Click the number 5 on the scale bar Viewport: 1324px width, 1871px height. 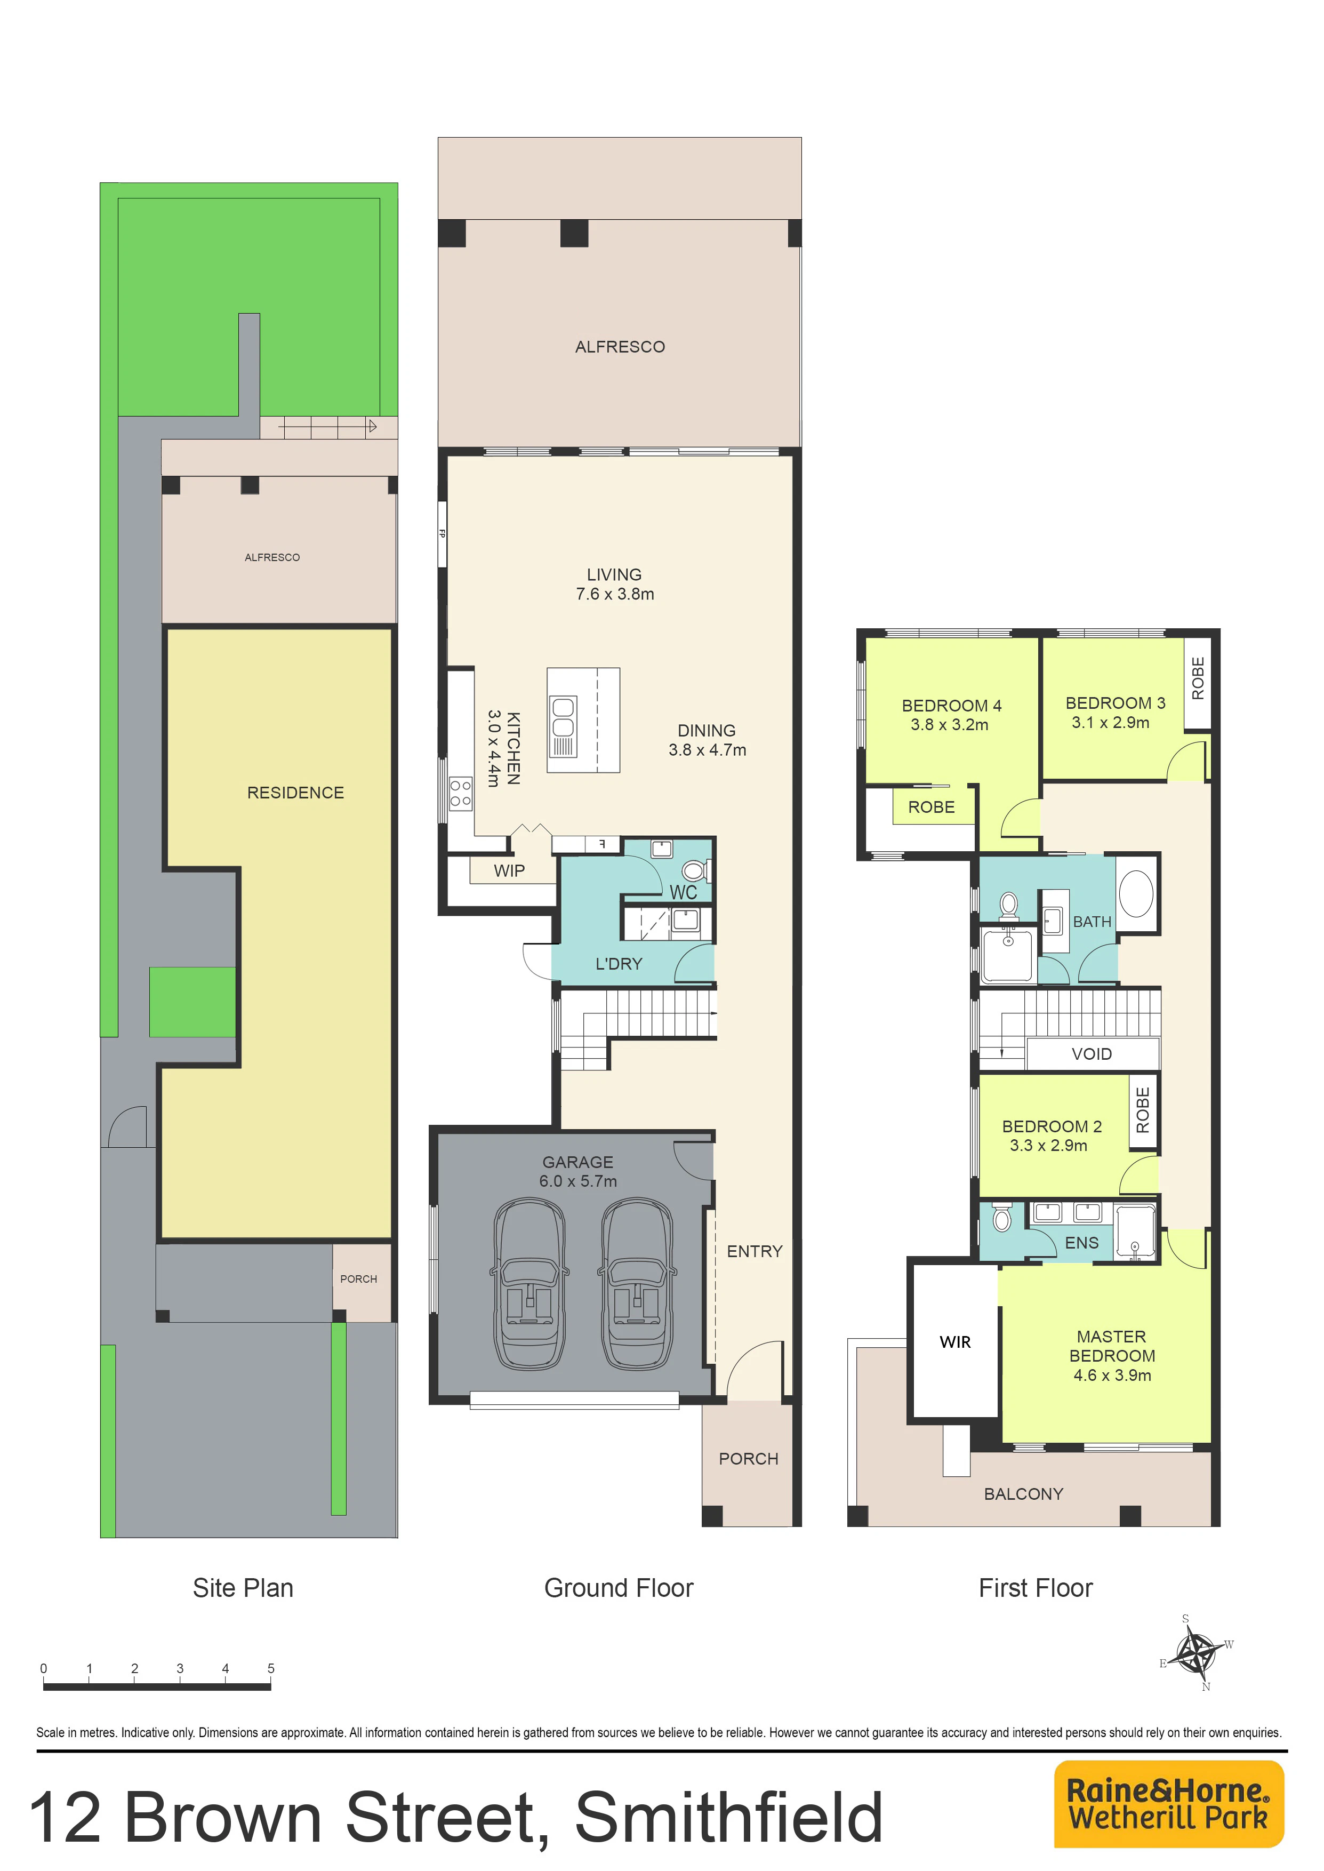pyautogui.click(x=271, y=1668)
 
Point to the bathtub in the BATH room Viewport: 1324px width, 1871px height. pyautogui.click(x=1136, y=893)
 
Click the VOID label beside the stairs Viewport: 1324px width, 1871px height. pyautogui.click(x=1092, y=1054)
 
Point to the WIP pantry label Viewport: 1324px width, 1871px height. pyautogui.click(x=509, y=870)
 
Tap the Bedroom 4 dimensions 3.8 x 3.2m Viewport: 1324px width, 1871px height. pyautogui.click(x=949, y=725)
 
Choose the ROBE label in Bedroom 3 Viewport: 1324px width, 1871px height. pyautogui.click(x=1198, y=678)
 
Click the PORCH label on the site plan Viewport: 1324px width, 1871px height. pyautogui.click(x=359, y=1279)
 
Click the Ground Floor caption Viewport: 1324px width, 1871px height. pyautogui.click(x=619, y=1588)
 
